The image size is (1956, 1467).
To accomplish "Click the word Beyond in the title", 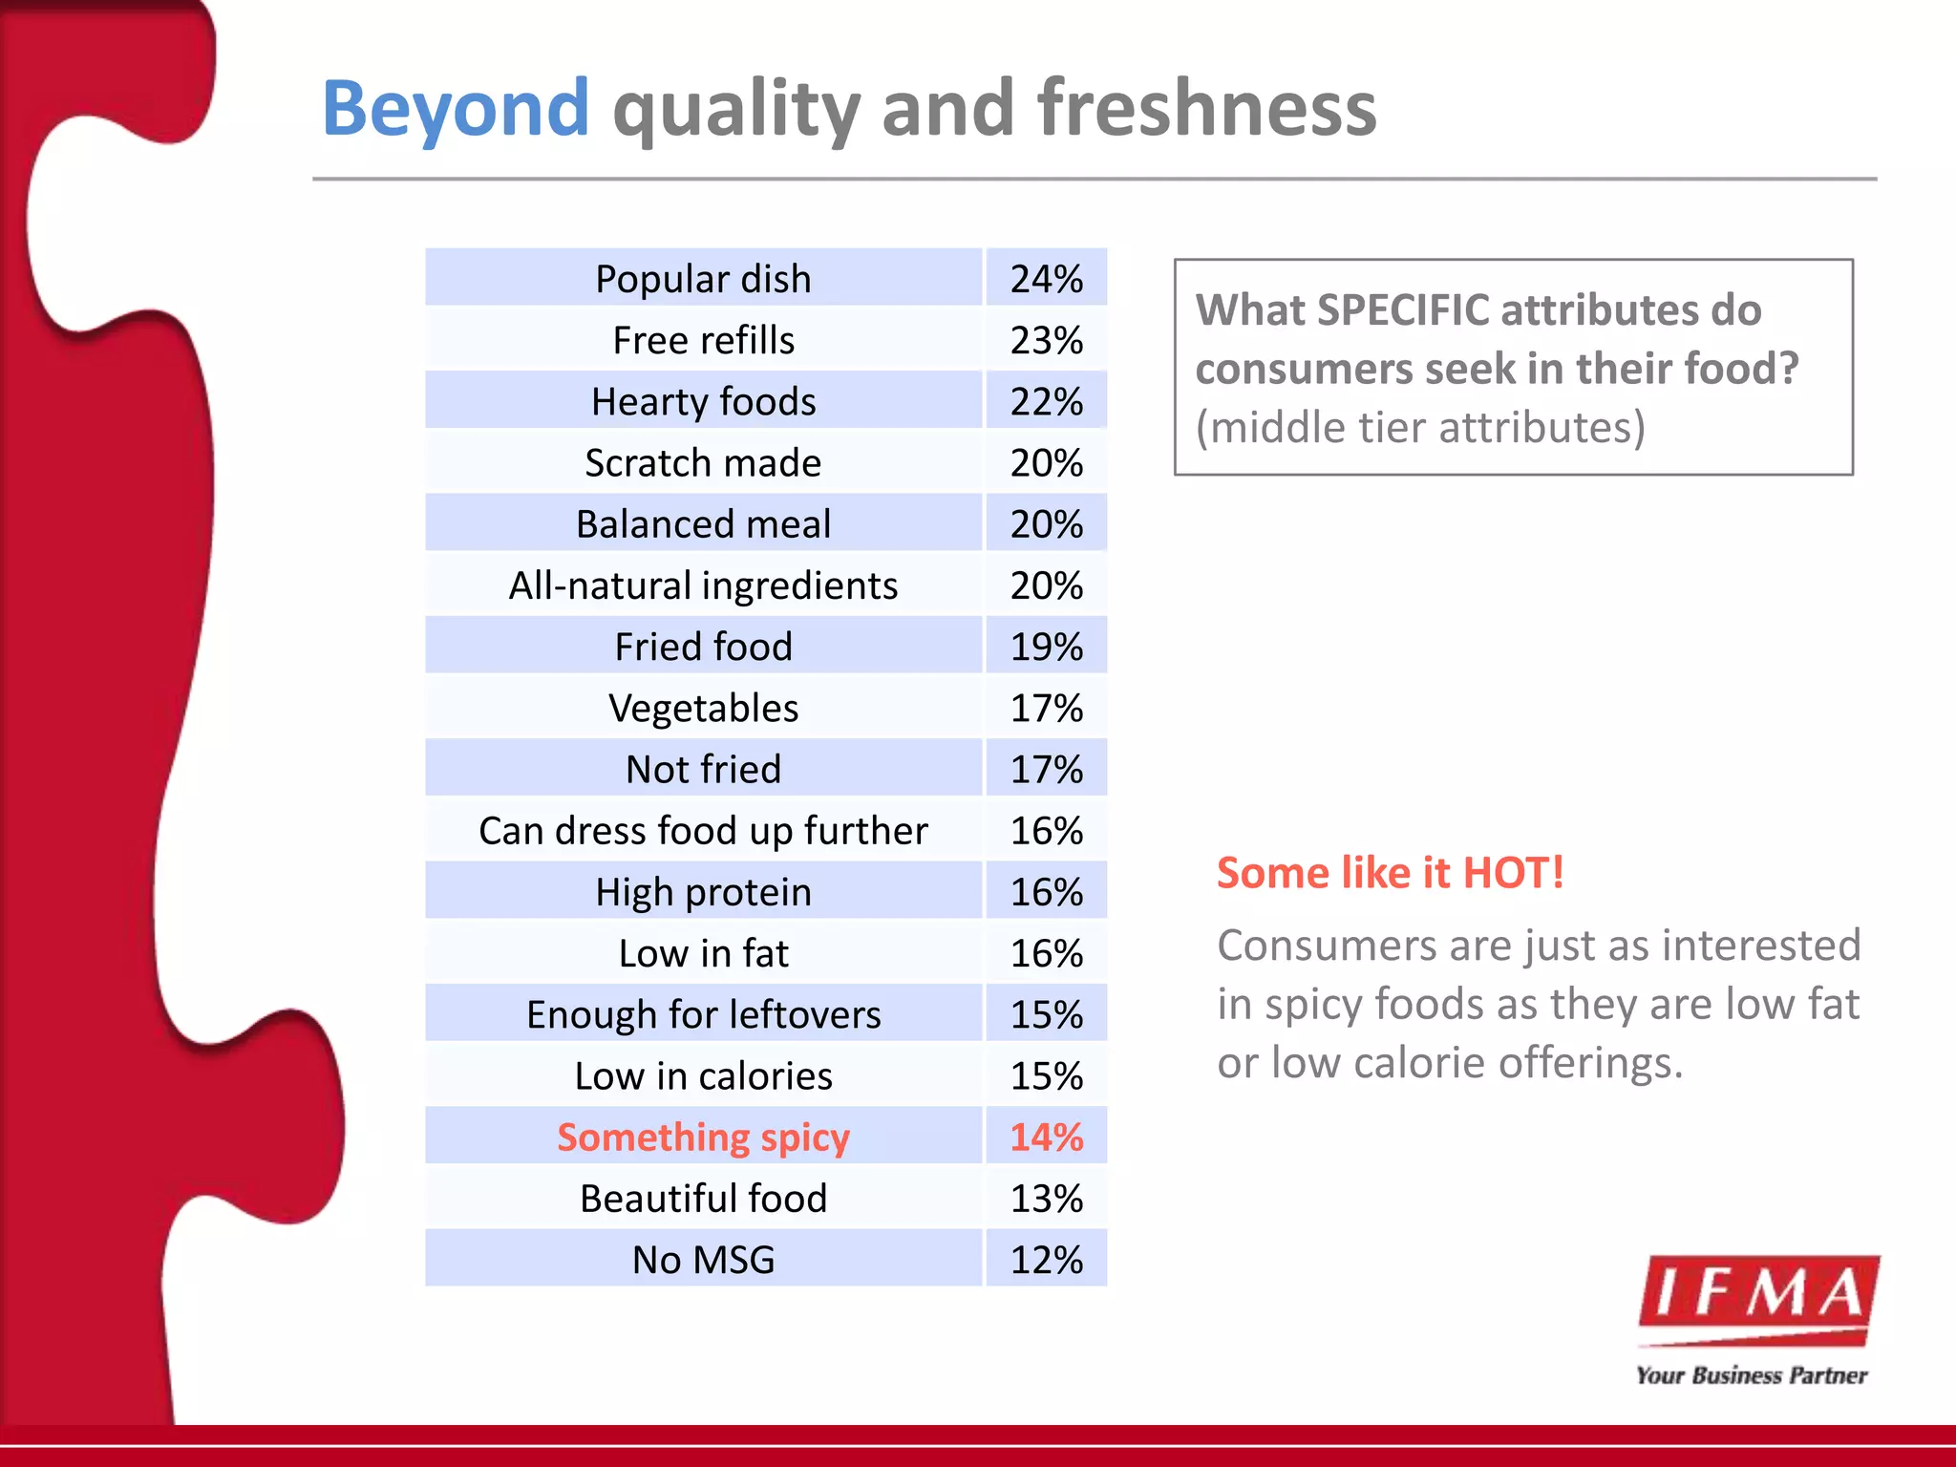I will point(456,109).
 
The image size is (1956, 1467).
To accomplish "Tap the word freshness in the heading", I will point(1207,109).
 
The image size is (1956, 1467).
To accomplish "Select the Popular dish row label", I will point(703,279).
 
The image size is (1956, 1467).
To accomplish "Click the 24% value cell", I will point(1047,279).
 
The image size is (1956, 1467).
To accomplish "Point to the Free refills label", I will point(703,340).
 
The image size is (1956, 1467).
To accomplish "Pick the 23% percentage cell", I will point(1047,340).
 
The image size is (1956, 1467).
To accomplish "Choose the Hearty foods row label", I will point(703,401).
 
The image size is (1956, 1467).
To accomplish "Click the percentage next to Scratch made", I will point(1047,463).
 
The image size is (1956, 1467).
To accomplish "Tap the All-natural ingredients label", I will point(703,585).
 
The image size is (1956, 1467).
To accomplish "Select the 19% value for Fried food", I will point(1047,647).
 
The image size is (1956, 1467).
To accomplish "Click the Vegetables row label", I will point(703,708).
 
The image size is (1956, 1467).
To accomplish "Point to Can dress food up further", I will point(703,831).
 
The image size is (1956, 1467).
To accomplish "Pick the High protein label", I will point(703,892).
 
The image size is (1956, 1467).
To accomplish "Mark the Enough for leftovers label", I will point(703,1014).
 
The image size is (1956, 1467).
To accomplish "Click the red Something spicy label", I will point(703,1137).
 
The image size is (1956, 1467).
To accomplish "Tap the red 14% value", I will point(1047,1137).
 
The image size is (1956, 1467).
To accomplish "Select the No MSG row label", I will point(703,1260).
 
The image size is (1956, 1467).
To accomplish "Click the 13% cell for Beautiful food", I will point(1047,1199).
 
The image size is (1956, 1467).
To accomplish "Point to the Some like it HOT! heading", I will point(1390,873).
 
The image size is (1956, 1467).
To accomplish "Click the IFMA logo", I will point(1757,1299).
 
